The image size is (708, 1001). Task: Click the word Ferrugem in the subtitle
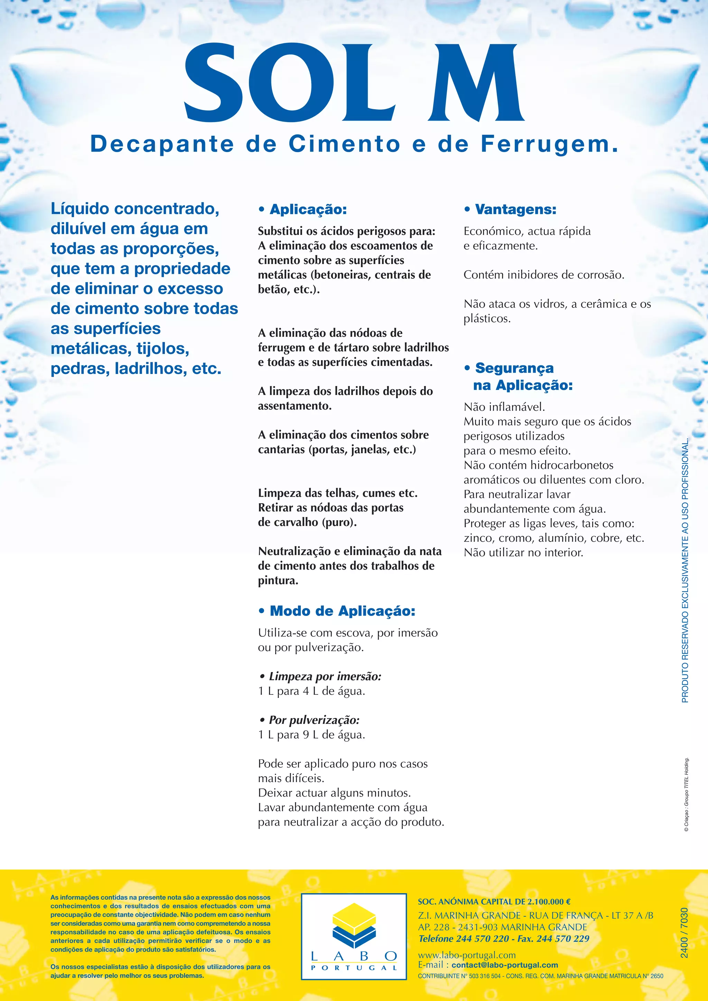click(549, 144)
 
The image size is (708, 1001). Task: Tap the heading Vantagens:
click(515, 209)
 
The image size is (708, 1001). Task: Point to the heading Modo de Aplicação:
click(342, 611)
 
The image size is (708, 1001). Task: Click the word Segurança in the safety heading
click(514, 368)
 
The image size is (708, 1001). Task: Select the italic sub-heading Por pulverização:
click(314, 720)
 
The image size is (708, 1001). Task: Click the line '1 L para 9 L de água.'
click(311, 735)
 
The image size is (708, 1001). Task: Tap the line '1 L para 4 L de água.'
click(311, 691)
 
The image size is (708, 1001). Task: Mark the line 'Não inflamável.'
click(504, 407)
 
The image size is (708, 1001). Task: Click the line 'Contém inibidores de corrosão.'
click(544, 275)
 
